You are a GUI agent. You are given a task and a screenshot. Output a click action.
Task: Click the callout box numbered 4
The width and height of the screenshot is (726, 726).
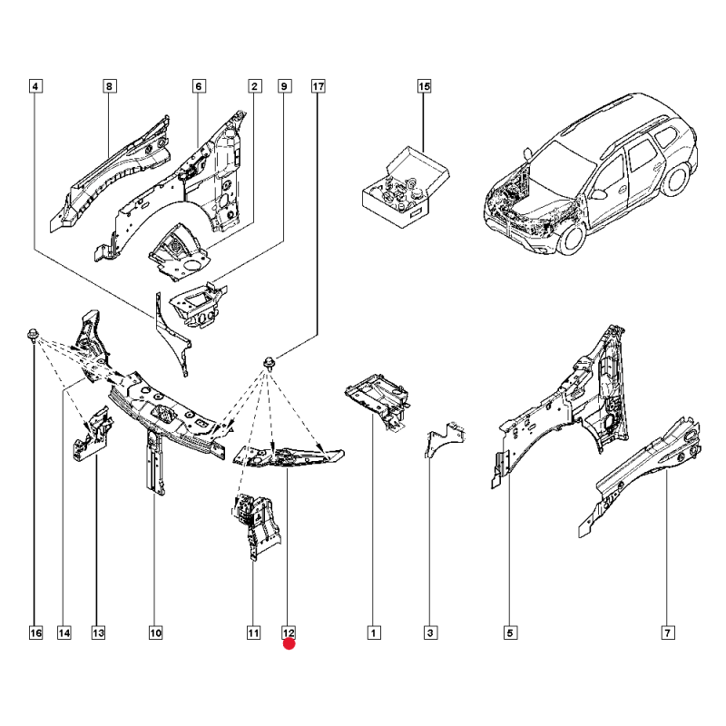point(35,87)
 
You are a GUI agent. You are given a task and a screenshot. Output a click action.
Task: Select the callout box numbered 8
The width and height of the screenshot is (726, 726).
point(108,87)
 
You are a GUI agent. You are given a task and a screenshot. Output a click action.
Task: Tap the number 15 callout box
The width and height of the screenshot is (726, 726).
point(424,87)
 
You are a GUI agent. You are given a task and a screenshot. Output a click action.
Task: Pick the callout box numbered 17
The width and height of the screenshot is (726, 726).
point(319,87)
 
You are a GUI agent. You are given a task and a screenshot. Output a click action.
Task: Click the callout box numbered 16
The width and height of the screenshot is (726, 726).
point(35,633)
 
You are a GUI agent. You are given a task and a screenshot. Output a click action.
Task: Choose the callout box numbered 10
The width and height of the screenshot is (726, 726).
point(155,633)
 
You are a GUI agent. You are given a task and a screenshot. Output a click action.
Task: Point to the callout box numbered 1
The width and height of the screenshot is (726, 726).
point(372,633)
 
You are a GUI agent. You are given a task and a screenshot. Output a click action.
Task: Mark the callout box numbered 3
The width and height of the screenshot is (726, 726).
point(432,633)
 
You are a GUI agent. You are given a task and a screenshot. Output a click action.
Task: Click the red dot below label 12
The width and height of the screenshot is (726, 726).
point(289,645)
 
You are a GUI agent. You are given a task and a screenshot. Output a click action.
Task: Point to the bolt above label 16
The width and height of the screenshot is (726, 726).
point(33,333)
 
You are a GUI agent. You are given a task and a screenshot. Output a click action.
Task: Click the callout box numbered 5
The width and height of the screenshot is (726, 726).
point(510,633)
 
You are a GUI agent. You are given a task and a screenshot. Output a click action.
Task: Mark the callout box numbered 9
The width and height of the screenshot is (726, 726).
point(284,87)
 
